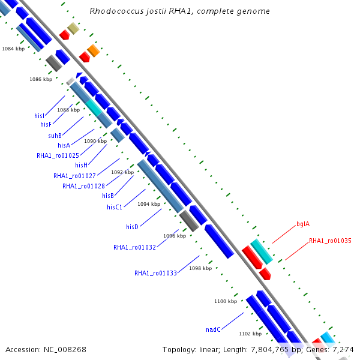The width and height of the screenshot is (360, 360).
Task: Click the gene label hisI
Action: (40, 115)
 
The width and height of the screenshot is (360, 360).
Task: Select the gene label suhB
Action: (55, 136)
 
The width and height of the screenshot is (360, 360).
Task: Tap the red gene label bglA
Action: (303, 224)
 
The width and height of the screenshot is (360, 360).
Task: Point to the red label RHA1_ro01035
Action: (330, 241)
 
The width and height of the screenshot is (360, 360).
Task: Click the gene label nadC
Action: (214, 329)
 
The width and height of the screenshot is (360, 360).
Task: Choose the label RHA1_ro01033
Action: (155, 273)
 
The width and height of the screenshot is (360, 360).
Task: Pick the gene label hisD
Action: (133, 227)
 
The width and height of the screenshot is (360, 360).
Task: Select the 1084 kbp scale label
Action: (13, 49)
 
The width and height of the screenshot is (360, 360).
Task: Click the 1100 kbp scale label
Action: (226, 301)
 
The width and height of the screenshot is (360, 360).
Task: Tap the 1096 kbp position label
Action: (174, 236)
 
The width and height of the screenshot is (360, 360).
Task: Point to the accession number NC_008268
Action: (64, 349)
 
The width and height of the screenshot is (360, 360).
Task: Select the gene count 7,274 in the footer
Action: (342, 349)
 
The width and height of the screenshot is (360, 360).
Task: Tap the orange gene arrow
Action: (93, 50)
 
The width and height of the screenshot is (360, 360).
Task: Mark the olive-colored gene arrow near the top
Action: (73, 28)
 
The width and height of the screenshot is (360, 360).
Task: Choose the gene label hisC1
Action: (115, 207)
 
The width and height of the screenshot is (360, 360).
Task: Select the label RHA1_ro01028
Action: (83, 186)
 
